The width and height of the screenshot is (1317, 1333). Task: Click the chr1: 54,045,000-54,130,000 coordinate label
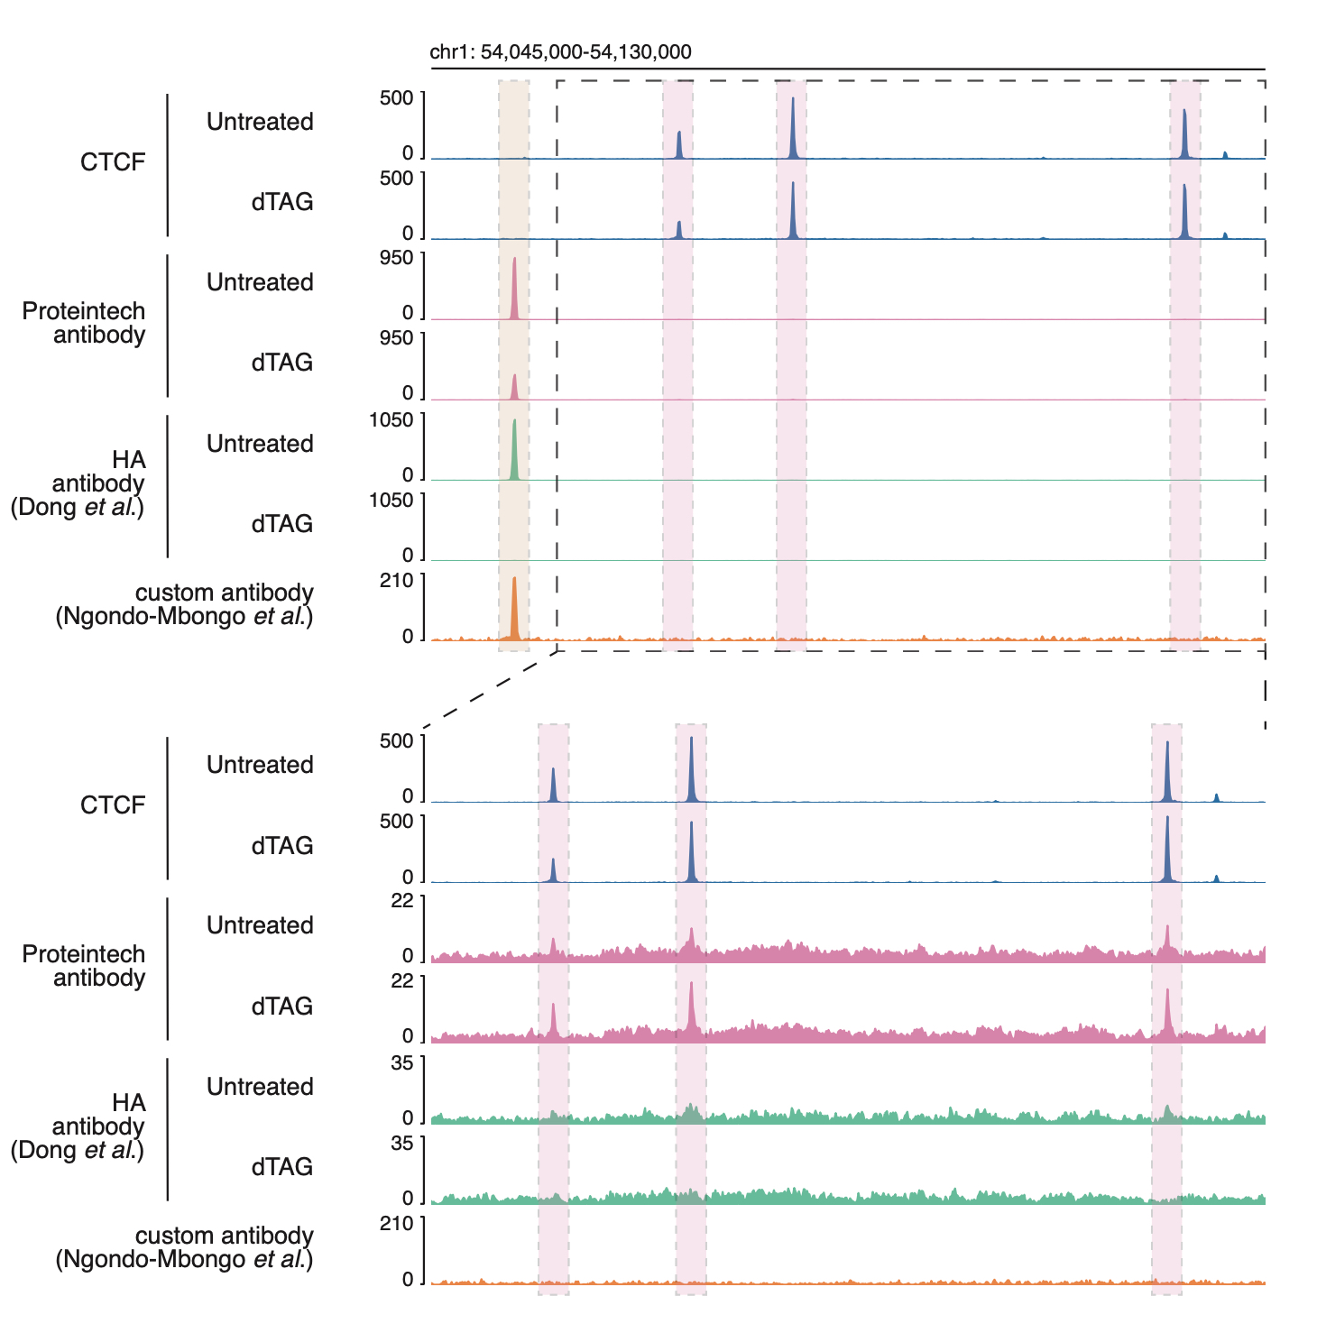[560, 52]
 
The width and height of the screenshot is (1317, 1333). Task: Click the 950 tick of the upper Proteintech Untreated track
[396, 259]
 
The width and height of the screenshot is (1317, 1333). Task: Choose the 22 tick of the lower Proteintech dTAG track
[402, 981]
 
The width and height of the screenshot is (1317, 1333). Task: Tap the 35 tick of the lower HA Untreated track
[402, 1063]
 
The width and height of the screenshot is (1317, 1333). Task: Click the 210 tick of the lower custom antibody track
[397, 1224]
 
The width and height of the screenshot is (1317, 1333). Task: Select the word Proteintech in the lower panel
[84, 954]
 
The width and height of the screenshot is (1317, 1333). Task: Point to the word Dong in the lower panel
[48, 1151]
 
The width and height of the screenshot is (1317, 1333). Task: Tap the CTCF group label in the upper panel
[113, 162]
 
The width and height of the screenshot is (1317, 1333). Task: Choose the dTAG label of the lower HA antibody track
[282, 1167]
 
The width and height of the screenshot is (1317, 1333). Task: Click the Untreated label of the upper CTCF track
[260, 122]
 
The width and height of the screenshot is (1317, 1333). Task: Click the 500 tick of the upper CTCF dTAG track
[396, 179]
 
